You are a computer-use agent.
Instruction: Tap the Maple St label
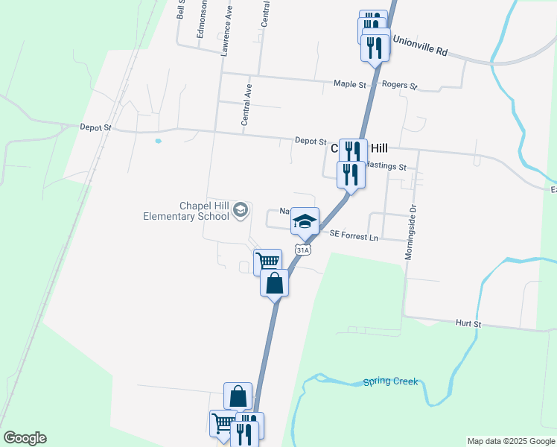(x=350, y=84)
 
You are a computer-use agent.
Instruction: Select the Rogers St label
(x=399, y=85)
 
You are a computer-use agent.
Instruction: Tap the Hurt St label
(x=468, y=324)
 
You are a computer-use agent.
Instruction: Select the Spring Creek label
(x=390, y=382)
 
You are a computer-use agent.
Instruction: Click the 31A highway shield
(x=302, y=250)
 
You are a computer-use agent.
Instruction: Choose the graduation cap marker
(x=305, y=221)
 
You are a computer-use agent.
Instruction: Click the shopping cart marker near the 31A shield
(x=267, y=261)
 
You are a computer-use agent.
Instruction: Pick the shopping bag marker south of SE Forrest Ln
(x=275, y=283)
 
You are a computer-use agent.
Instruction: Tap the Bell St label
(x=180, y=9)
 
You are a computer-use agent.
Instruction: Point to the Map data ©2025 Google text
(x=511, y=441)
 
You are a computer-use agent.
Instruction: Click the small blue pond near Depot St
(x=158, y=140)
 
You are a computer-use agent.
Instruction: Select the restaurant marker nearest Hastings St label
(x=351, y=174)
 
